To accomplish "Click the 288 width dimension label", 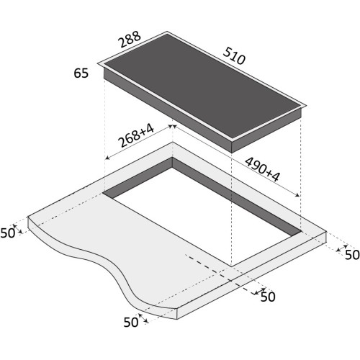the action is tap(130, 40).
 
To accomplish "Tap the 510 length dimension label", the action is tap(234, 56).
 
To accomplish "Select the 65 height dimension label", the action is tap(81, 73).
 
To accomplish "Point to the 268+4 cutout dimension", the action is tap(137, 136).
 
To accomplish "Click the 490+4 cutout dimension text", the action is tap(263, 169).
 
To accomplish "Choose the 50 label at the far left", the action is tap(8, 233).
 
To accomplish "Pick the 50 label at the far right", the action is tap(352, 255).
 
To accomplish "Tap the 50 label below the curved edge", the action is tap(131, 323).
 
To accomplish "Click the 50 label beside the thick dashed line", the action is tap(268, 297).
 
